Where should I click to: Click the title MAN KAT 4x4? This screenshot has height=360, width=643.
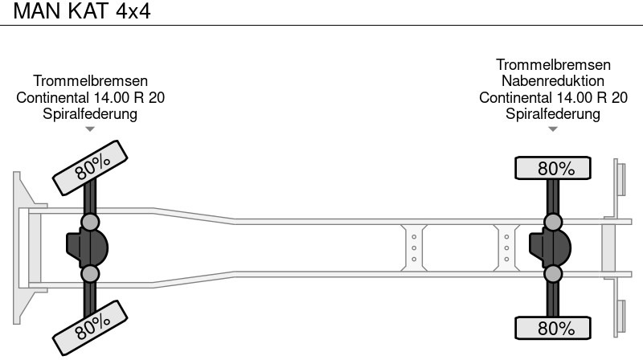(x=82, y=11)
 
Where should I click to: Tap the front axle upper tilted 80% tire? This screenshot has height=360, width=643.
(x=90, y=168)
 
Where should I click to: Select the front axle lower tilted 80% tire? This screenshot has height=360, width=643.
(x=90, y=328)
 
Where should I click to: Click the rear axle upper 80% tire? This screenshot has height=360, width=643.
(x=553, y=168)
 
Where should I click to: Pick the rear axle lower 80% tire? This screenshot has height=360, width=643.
(x=553, y=328)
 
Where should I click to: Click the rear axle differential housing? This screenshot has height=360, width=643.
(x=550, y=248)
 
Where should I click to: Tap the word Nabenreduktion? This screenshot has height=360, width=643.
(x=553, y=81)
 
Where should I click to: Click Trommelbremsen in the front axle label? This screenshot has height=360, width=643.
(x=90, y=81)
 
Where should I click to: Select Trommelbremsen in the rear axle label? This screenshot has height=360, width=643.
(x=553, y=65)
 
